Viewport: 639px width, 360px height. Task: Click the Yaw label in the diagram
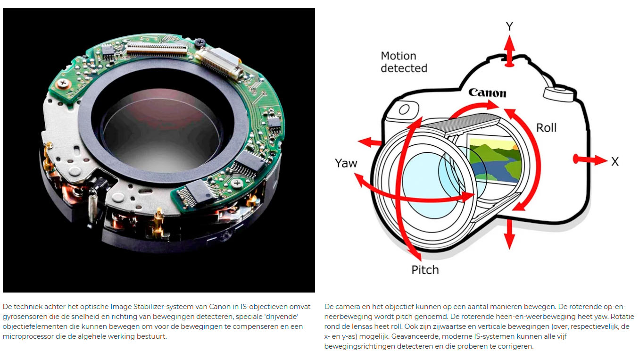[x=346, y=164]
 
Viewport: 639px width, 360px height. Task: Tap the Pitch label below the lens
[x=425, y=270]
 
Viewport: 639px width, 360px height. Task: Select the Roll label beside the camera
[x=546, y=127]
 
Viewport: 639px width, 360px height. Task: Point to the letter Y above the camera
[x=509, y=27]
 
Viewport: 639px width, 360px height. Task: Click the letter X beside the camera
[x=614, y=161]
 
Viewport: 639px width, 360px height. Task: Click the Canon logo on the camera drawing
[x=487, y=92]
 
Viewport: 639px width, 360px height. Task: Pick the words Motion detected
[x=404, y=62]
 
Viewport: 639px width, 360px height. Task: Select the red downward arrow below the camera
[x=508, y=234]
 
